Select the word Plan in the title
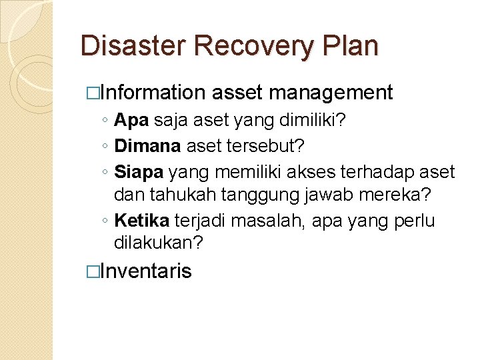click(x=351, y=46)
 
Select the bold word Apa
click(x=131, y=121)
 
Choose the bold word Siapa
click(x=139, y=173)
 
